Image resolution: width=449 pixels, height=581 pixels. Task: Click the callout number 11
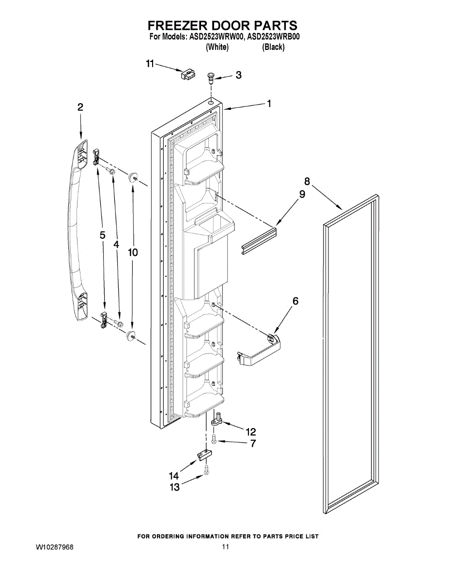tap(150, 63)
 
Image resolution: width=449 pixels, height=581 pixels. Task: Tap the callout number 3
tap(238, 75)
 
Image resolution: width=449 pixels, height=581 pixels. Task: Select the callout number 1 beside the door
tap(268, 103)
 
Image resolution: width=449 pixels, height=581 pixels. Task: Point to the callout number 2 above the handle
tap(80, 107)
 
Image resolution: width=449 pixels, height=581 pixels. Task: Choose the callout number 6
tap(295, 301)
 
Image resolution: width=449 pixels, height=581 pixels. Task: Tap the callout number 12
tap(250, 431)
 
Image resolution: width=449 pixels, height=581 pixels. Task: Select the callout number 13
tap(174, 487)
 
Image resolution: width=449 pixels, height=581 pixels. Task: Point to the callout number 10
tap(133, 252)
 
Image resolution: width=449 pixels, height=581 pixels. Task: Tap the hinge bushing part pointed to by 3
tap(211, 77)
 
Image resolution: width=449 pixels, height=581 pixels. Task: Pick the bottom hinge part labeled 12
tap(218, 418)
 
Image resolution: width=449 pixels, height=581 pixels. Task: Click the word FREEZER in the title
tap(182, 25)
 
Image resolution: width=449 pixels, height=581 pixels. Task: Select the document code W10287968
tap(54, 547)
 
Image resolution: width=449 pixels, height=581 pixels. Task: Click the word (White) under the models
tap(217, 47)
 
